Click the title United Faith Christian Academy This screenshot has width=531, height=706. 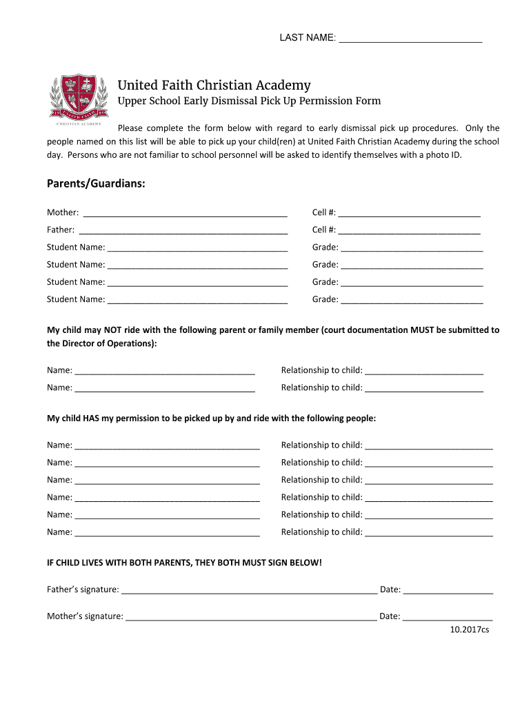[214, 85]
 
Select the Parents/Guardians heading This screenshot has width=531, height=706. [96, 184]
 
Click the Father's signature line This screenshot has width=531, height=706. [249, 591]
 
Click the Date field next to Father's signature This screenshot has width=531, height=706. [448, 591]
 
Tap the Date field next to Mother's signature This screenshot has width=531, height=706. [448, 617]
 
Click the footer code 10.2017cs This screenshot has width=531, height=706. [469, 629]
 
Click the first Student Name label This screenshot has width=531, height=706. [76, 247]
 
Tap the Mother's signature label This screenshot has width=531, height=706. [85, 616]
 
